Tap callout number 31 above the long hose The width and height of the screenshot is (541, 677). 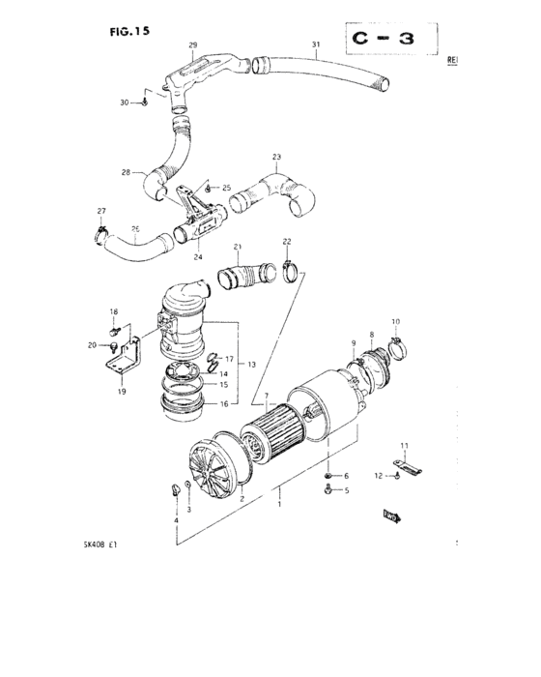(x=315, y=45)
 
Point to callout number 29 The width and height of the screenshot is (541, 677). (x=191, y=45)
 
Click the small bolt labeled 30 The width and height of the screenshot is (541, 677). (x=145, y=101)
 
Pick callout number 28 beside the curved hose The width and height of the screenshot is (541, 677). (x=126, y=172)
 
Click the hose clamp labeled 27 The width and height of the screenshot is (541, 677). (x=102, y=231)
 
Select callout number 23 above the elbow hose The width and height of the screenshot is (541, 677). (x=276, y=157)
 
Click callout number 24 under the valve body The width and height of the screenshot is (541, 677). (x=196, y=257)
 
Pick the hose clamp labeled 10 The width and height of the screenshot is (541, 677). (x=394, y=340)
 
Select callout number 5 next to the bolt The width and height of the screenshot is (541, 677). (x=346, y=490)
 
